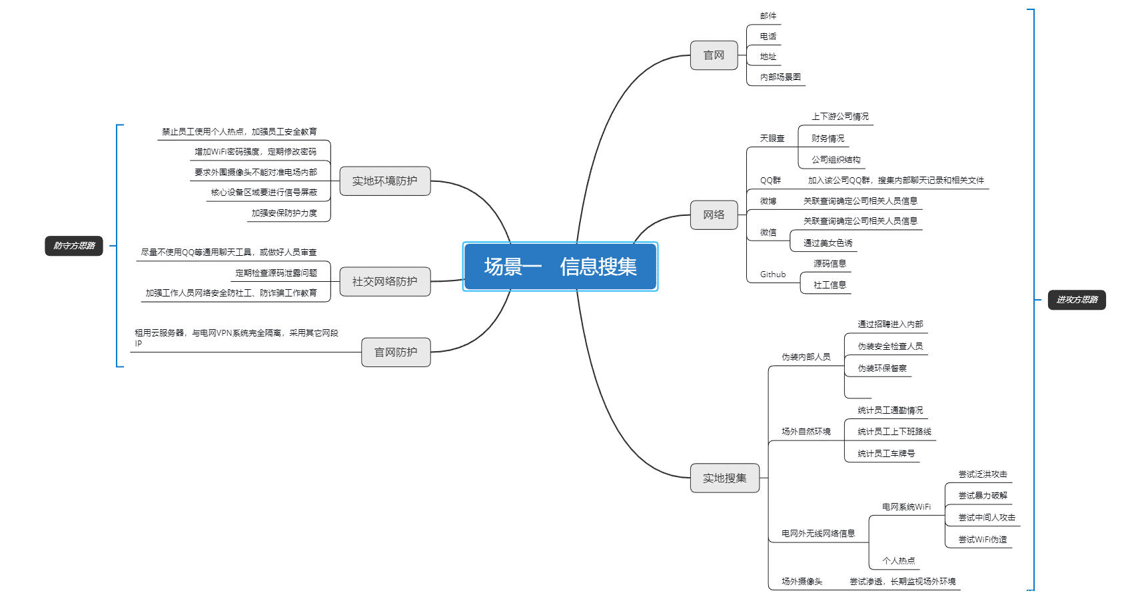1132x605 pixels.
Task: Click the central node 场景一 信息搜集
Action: [x=560, y=267]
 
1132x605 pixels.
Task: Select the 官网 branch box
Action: [x=714, y=55]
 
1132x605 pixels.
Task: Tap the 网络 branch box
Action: [x=714, y=215]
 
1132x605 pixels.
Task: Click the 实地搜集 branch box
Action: [x=724, y=478]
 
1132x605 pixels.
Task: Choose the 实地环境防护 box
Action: [x=384, y=181]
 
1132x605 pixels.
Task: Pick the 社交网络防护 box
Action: [x=384, y=281]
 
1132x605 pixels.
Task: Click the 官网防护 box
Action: [x=395, y=352]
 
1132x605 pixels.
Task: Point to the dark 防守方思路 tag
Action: [x=74, y=246]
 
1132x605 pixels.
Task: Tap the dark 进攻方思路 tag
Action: [x=1076, y=300]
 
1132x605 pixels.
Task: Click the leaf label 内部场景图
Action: [x=780, y=77]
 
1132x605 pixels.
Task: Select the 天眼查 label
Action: [x=772, y=139]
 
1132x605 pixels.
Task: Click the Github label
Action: [x=773, y=275]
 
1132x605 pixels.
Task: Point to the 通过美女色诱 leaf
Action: [x=828, y=243]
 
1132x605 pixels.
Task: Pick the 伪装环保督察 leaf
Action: [x=881, y=368]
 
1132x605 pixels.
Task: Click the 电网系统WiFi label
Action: [x=906, y=507]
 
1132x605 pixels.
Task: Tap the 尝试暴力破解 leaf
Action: [x=983, y=496]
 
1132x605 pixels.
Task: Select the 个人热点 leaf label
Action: [x=898, y=561]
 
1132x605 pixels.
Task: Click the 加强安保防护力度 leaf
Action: [x=284, y=213]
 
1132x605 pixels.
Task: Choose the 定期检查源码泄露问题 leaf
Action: [x=276, y=273]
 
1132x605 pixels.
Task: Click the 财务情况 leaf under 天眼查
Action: [x=828, y=139]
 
